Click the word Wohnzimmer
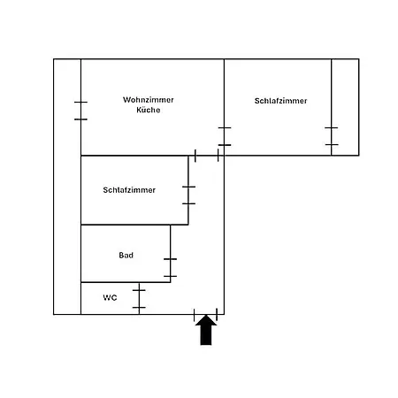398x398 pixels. (x=149, y=100)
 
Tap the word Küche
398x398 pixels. (x=149, y=110)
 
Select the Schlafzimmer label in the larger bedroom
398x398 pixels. (x=280, y=101)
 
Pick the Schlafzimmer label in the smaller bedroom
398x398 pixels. (x=129, y=190)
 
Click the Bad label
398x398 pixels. (x=126, y=255)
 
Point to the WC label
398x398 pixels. (x=110, y=297)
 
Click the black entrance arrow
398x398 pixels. (x=206, y=330)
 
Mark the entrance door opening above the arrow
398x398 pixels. (x=205, y=315)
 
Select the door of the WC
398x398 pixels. (x=139, y=299)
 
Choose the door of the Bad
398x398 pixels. (x=171, y=268)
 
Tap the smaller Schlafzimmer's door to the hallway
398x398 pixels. (x=188, y=195)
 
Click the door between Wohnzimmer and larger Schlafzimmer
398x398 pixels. (x=225, y=136)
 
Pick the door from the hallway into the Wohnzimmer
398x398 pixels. (x=207, y=156)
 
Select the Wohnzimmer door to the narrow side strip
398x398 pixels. (x=80, y=111)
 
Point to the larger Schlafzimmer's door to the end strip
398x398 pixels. (x=332, y=136)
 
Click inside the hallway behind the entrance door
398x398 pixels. (x=205, y=236)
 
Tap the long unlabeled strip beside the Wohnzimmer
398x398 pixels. (x=67, y=187)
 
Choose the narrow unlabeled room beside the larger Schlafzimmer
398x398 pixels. (x=345, y=107)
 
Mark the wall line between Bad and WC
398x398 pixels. (x=126, y=282)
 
